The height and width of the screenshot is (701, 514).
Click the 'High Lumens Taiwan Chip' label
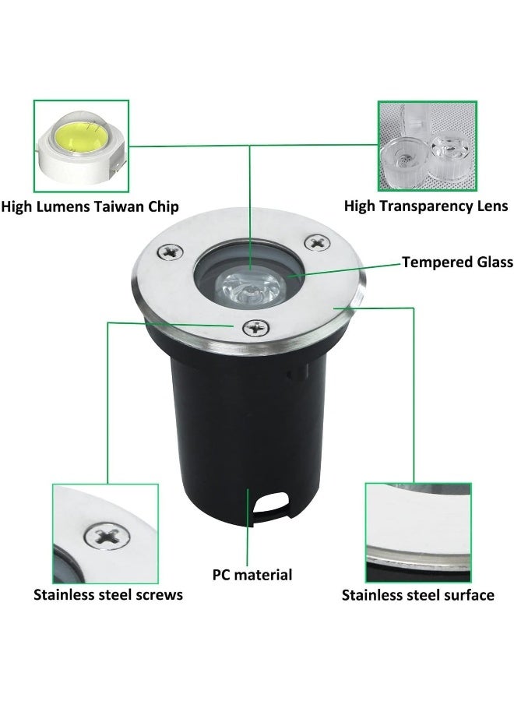pyautogui.click(x=90, y=206)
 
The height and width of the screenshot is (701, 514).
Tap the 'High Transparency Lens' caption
pyautogui.click(x=426, y=206)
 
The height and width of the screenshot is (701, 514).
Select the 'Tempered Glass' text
pyautogui.click(x=457, y=262)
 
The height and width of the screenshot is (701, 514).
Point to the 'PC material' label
pyautogui.click(x=252, y=575)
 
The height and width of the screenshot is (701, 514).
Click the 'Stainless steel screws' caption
pyautogui.click(x=107, y=595)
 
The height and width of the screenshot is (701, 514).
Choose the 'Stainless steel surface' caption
pyautogui.click(x=417, y=595)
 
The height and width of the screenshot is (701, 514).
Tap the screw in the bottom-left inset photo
pyautogui.click(x=103, y=535)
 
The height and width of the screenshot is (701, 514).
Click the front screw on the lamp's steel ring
pyautogui.click(x=254, y=328)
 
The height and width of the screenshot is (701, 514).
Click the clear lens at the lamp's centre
pyautogui.click(x=248, y=289)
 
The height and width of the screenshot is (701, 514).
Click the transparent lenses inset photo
pyautogui.click(x=427, y=146)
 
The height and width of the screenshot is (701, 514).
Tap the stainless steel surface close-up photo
pyautogui.click(x=417, y=532)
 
